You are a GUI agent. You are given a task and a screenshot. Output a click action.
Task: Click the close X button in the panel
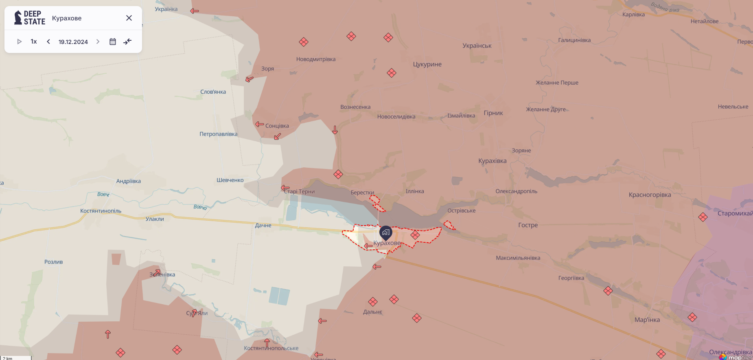click(129, 18)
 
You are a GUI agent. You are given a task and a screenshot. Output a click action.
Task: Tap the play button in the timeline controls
click(19, 42)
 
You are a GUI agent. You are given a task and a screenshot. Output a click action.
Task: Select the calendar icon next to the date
click(113, 42)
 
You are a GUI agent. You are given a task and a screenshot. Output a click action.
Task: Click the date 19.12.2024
click(73, 42)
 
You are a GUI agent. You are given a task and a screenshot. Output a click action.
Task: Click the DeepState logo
click(30, 18)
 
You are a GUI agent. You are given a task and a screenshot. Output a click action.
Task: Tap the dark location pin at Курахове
click(385, 233)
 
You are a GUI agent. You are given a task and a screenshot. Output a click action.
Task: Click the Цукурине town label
click(427, 64)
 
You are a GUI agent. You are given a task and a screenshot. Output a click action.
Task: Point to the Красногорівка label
click(650, 195)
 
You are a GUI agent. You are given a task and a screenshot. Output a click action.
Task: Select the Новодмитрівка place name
click(316, 59)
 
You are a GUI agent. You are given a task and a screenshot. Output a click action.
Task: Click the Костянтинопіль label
click(101, 211)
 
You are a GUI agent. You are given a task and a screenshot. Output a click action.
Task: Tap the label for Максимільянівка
click(518, 258)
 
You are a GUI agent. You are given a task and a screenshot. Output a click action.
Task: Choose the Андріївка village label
click(129, 181)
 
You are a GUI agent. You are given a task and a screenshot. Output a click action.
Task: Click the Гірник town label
click(493, 113)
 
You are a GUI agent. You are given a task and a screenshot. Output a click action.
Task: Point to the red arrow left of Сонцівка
click(259, 124)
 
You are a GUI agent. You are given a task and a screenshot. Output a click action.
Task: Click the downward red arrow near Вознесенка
click(335, 130)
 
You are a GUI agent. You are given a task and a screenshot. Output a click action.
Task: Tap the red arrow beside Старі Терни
click(285, 188)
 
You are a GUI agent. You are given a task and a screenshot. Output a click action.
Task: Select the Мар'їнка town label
click(647, 320)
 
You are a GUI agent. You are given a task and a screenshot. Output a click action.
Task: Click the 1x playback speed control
click(34, 42)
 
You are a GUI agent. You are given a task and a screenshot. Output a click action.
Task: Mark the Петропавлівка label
click(218, 134)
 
